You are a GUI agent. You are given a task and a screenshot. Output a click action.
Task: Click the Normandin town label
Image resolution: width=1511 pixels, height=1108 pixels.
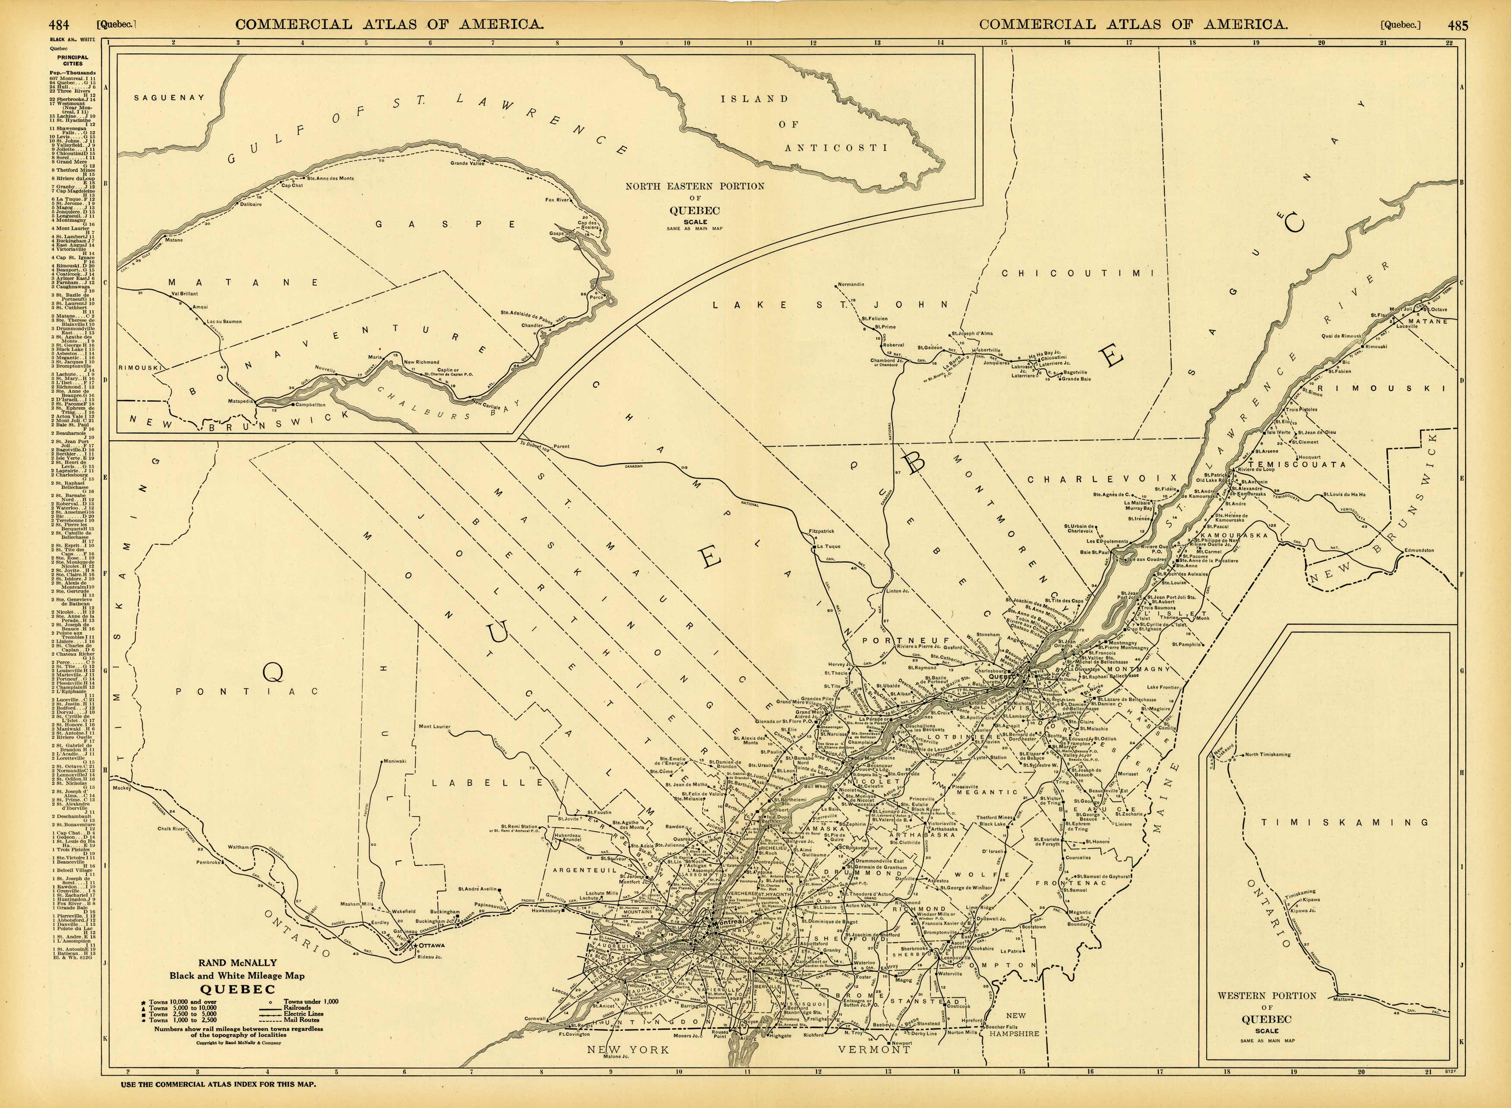(850, 284)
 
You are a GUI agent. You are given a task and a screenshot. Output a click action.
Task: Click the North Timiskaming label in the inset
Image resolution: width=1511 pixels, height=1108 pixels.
(1267, 754)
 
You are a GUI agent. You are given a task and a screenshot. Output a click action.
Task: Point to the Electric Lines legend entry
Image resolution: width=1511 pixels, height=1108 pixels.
(303, 1013)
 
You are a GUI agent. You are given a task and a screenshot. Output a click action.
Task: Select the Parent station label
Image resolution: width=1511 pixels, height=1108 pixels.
(561, 446)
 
